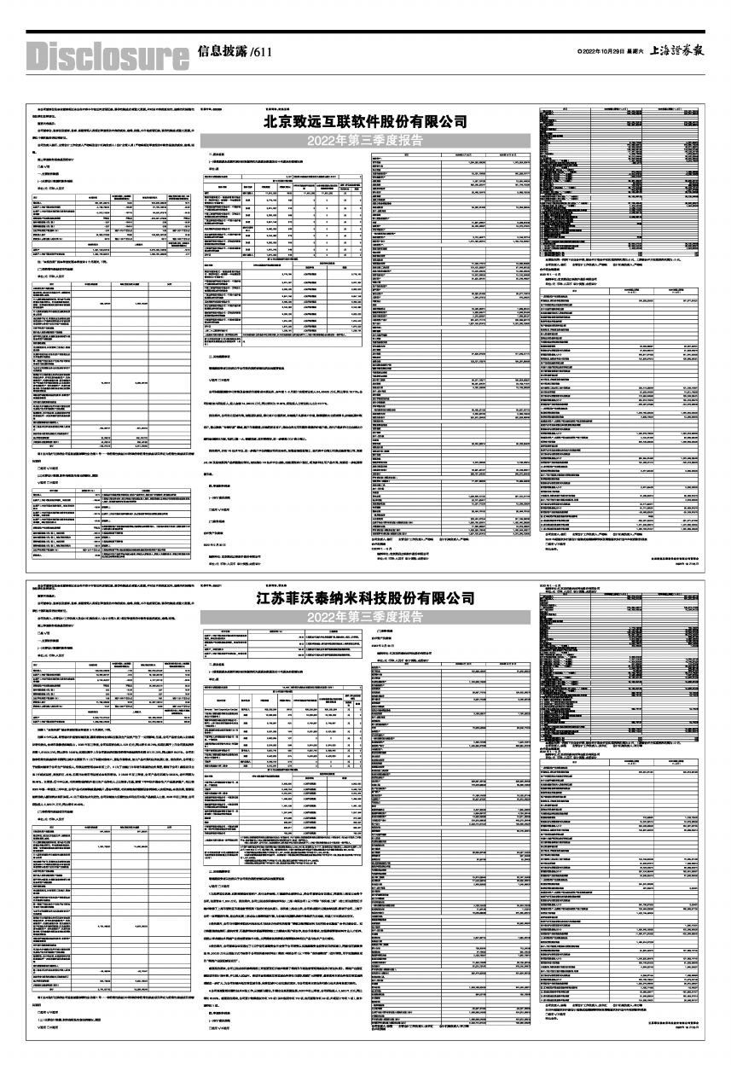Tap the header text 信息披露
[222, 51]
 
